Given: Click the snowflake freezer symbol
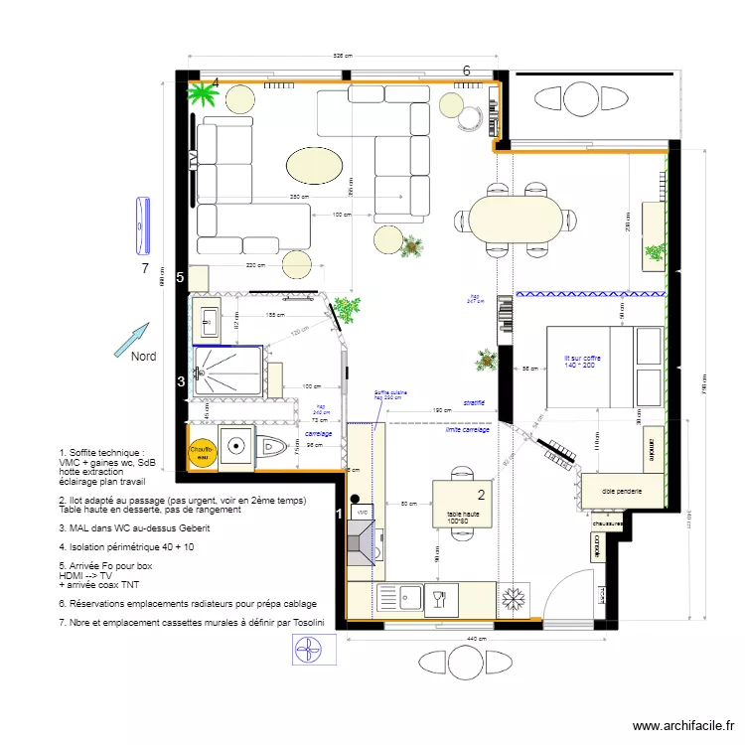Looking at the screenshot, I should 514,599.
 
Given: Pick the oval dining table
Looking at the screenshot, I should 514,219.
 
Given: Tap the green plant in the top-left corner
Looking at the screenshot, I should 203,95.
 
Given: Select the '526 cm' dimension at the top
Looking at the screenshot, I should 343,57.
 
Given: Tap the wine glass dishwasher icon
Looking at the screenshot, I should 438,598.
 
